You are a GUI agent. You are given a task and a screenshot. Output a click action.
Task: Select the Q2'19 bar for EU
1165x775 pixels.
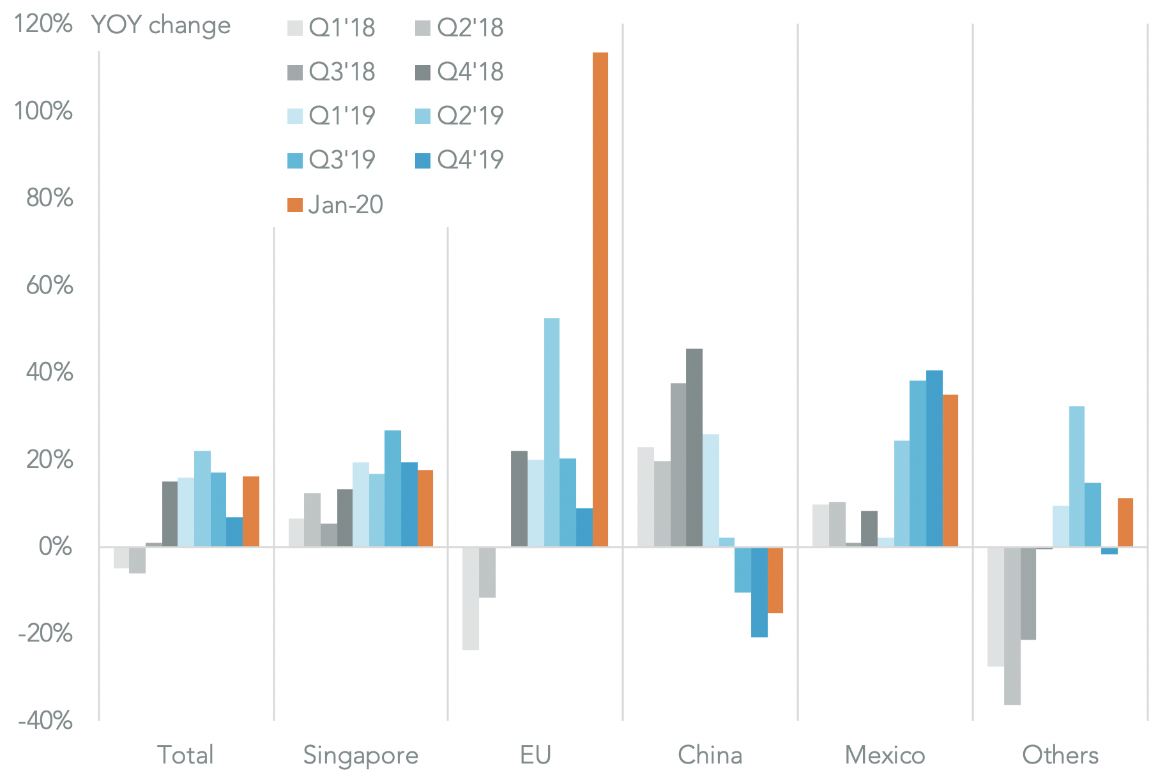pyautogui.click(x=552, y=432)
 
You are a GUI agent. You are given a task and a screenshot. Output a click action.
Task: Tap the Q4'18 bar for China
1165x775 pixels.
pyautogui.click(x=694, y=448)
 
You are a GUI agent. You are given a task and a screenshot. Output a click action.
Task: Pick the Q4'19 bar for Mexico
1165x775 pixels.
pyautogui.click(x=934, y=458)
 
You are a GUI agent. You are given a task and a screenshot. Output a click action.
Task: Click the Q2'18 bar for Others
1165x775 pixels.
pyautogui.click(x=1012, y=626)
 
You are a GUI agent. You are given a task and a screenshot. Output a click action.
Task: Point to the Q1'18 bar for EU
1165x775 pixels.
pyautogui.click(x=471, y=598)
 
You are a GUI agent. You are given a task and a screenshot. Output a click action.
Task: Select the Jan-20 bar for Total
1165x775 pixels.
pyautogui.click(x=251, y=511)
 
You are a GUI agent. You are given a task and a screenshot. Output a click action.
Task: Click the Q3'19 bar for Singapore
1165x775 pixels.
pyautogui.click(x=393, y=488)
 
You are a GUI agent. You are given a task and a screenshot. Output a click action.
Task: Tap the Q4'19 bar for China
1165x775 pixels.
pyautogui.click(x=759, y=592)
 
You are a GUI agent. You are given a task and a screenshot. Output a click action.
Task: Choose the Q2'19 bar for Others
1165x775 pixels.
pyautogui.click(x=1076, y=476)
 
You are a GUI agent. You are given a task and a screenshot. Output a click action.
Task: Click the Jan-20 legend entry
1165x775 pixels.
pyautogui.click(x=335, y=205)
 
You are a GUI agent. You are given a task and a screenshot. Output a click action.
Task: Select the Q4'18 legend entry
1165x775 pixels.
pyautogui.click(x=460, y=72)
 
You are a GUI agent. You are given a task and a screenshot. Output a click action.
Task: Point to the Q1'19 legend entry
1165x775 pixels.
pyautogui.click(x=331, y=116)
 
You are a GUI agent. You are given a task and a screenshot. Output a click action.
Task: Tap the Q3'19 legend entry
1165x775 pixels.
pyautogui.click(x=331, y=160)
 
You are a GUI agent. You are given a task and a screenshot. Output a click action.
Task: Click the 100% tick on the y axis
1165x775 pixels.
pyautogui.click(x=43, y=111)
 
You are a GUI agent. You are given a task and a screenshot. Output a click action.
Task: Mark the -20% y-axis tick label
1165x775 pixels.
pyautogui.click(x=45, y=634)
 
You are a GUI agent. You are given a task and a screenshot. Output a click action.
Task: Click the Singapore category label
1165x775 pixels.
pyautogui.click(x=361, y=755)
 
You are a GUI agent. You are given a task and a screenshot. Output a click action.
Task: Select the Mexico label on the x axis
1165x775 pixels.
pyautogui.click(x=885, y=755)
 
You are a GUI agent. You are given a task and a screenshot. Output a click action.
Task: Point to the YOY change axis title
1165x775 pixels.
pyautogui.click(x=161, y=26)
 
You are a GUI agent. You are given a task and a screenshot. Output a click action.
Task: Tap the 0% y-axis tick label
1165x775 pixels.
pyautogui.click(x=55, y=546)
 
